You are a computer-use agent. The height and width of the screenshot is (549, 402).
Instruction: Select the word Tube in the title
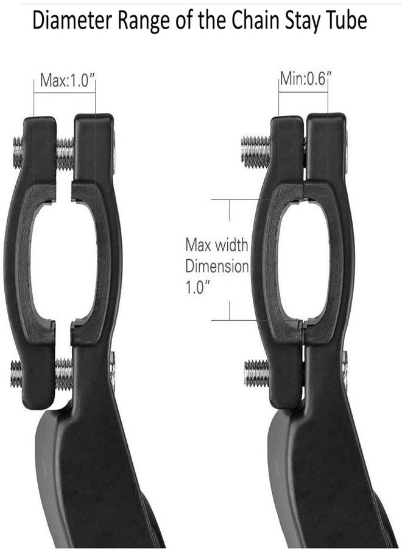(347, 21)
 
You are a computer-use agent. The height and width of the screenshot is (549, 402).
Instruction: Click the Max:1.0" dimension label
(68, 81)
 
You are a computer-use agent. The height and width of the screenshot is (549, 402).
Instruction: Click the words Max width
(217, 245)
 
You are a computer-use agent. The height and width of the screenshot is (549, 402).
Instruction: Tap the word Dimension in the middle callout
(217, 267)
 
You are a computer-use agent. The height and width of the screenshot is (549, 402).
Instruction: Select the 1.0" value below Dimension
(197, 288)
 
